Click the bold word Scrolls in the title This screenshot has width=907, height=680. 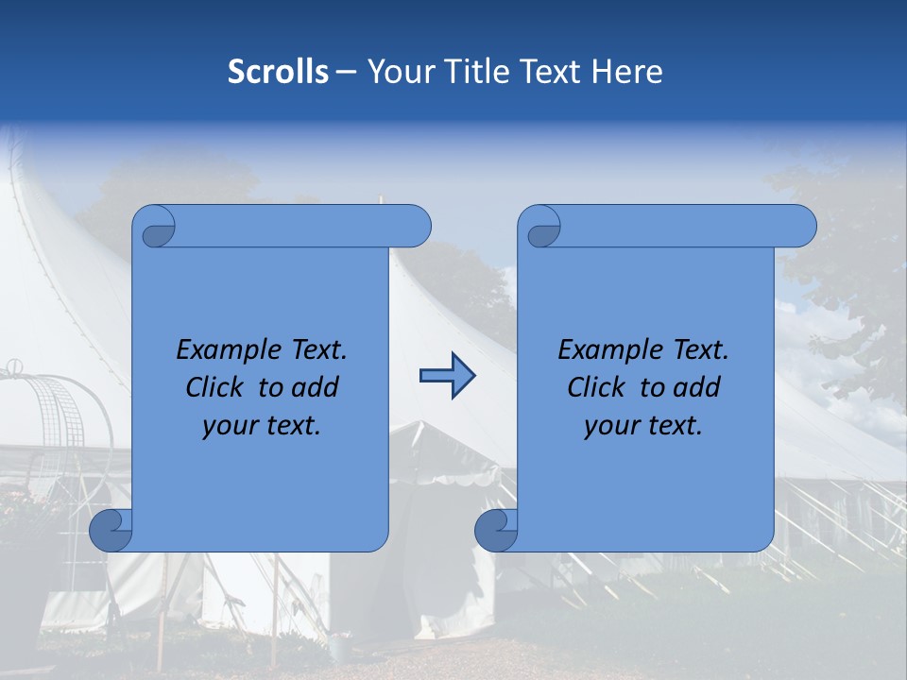[278, 71]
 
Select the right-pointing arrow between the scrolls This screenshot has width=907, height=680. [447, 376]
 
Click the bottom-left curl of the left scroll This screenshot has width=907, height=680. [111, 530]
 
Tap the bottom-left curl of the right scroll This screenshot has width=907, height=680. [495, 530]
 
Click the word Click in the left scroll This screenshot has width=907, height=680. [216, 387]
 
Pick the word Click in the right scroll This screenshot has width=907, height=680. [597, 387]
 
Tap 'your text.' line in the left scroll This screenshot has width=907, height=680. [262, 425]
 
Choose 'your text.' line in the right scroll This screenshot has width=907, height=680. [642, 425]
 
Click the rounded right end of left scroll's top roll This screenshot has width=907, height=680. [417, 227]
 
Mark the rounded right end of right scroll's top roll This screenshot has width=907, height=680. [802, 227]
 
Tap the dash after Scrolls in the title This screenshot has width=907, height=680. [346, 72]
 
